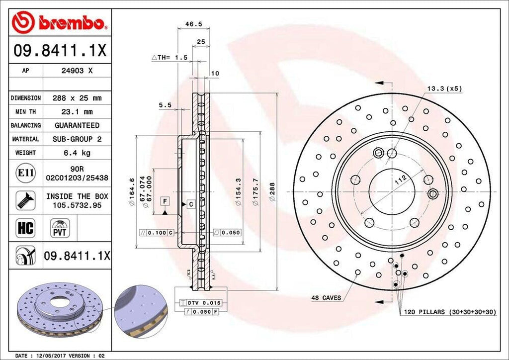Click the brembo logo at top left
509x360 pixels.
[60, 22]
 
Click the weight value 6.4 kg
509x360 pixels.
[77, 153]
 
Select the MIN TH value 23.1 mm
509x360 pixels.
[77, 112]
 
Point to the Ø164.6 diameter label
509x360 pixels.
[132, 191]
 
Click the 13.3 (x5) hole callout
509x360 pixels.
[444, 89]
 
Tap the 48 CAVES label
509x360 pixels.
[326, 298]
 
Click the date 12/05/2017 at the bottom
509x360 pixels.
[47, 356]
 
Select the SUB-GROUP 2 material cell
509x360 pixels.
[77, 139]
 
